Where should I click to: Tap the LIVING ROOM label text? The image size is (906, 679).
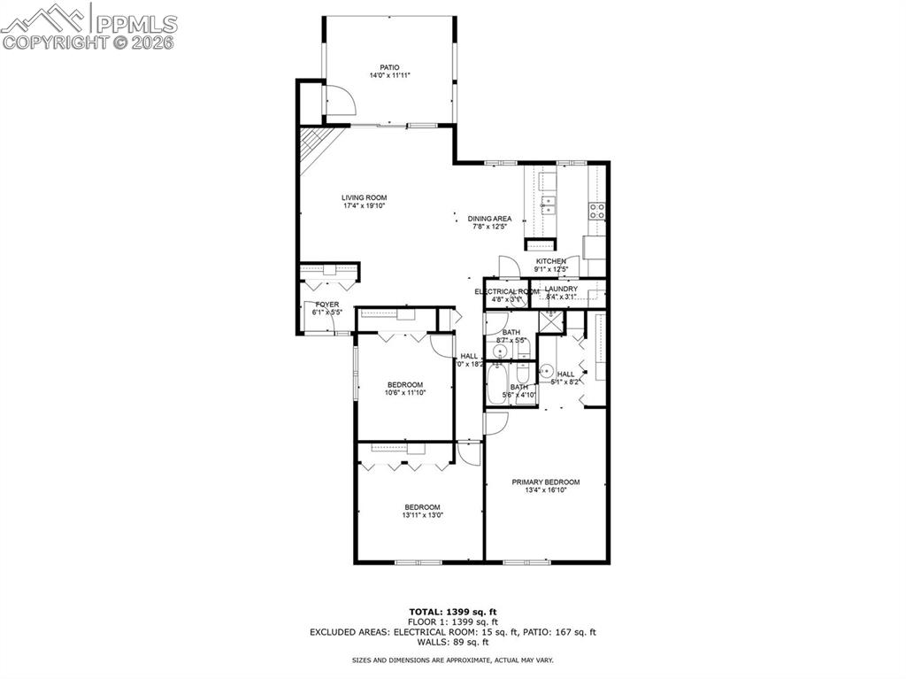pyautogui.click(x=365, y=197)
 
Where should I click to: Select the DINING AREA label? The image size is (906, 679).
pyautogui.click(x=489, y=219)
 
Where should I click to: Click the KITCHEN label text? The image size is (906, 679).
pyautogui.click(x=550, y=261)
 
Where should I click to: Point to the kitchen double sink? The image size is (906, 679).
pyautogui.click(x=549, y=205)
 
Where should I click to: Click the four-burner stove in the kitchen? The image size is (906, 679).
pyautogui.click(x=597, y=211)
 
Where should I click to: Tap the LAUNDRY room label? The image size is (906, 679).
pyautogui.click(x=561, y=289)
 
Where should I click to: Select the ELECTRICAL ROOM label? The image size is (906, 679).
pyautogui.click(x=506, y=291)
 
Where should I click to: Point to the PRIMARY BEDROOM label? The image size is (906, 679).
pyautogui.click(x=546, y=482)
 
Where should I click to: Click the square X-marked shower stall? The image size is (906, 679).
pyautogui.click(x=551, y=320)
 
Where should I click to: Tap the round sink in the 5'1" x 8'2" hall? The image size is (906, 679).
pyautogui.click(x=548, y=371)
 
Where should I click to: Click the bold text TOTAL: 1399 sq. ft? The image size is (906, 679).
pyautogui.click(x=452, y=612)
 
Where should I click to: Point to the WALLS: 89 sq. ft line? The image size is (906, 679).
pyautogui.click(x=452, y=642)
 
